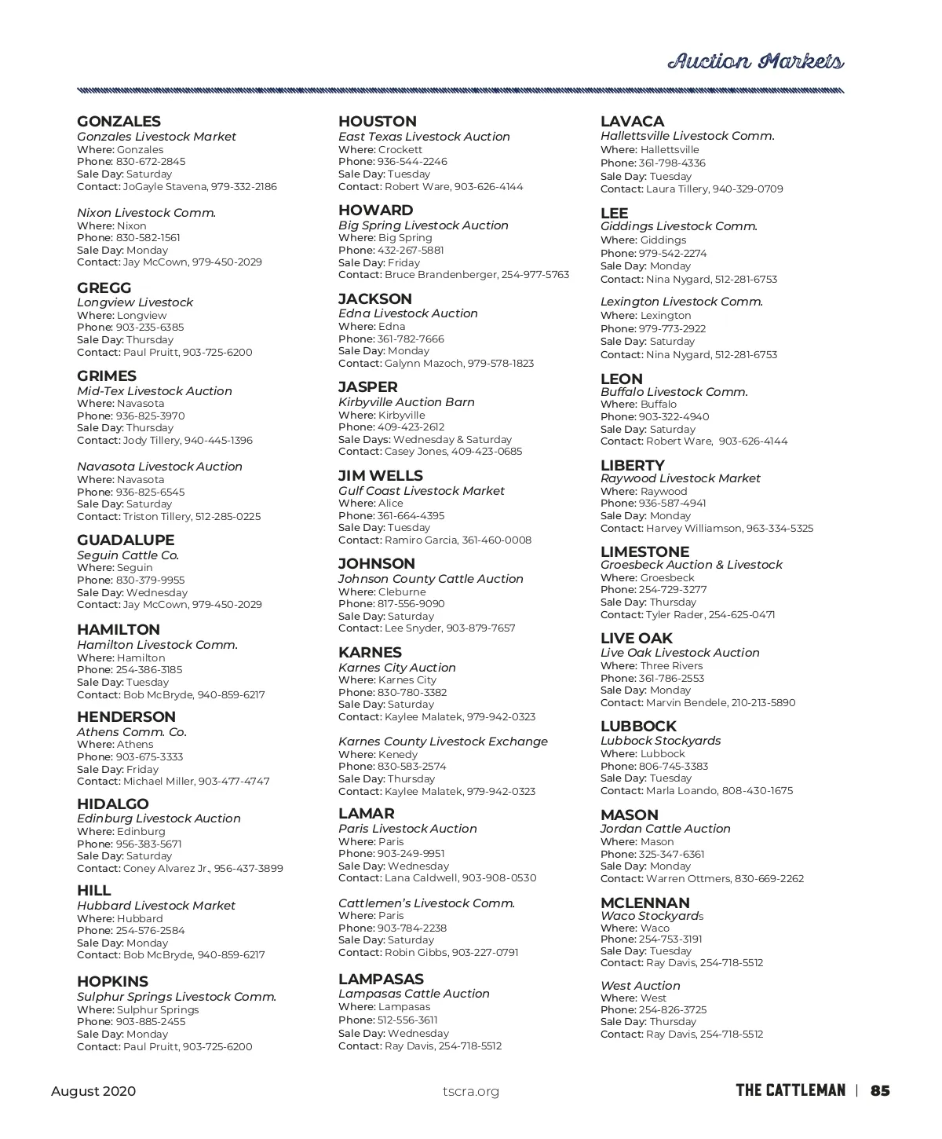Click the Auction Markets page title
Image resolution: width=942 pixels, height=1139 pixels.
point(755,61)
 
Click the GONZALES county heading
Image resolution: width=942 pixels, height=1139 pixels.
point(119,122)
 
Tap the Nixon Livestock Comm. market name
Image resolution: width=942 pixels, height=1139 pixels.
point(146,213)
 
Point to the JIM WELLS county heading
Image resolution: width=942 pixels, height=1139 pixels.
point(380,476)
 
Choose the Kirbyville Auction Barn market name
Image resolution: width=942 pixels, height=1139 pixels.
point(406,402)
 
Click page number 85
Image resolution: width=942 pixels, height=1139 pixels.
point(880,1090)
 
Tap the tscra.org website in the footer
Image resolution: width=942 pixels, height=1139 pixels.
point(470,1091)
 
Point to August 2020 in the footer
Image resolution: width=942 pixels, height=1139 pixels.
point(93,1091)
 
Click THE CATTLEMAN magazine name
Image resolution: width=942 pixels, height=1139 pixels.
point(790,1090)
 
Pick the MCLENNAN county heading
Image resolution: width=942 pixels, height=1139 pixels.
point(644,903)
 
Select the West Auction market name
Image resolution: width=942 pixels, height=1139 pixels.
point(640,986)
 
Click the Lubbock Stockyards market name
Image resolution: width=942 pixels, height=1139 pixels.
point(660,741)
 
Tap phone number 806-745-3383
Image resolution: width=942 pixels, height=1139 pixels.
point(674,767)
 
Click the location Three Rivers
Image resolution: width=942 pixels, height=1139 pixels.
point(671,666)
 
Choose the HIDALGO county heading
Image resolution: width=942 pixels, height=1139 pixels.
point(112,804)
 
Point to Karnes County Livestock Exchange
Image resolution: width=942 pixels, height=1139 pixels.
point(443,742)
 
